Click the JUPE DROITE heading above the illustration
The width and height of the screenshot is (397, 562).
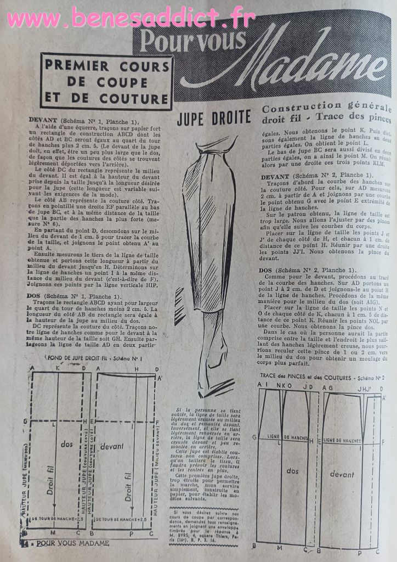[214, 117]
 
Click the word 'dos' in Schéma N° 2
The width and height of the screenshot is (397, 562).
[292, 470]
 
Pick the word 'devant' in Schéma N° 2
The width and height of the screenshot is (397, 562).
[342, 474]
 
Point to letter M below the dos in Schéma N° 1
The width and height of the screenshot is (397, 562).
[53, 532]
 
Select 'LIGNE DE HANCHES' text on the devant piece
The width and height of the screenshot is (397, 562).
[342, 440]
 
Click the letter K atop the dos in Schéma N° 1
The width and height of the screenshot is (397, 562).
[57, 368]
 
